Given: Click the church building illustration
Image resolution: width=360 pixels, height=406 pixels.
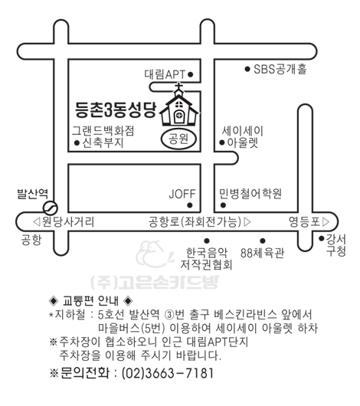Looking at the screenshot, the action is pos(178,106).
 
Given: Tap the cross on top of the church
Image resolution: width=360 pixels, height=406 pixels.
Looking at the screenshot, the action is pos(178,87).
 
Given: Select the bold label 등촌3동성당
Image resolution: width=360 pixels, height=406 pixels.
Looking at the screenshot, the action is pos(116,110).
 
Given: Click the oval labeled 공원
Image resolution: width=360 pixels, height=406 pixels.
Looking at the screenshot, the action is pos(178,139).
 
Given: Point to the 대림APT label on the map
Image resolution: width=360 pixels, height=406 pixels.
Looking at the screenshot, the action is pos(165,74).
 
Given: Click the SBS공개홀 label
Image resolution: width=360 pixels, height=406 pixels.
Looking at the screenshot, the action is pos(280,69).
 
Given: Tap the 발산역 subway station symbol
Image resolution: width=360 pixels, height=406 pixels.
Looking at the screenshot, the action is pos(50,208).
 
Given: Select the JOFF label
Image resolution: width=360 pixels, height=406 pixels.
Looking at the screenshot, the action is pos(182,194).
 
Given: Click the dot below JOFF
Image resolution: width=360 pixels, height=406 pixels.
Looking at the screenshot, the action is pos(190,205).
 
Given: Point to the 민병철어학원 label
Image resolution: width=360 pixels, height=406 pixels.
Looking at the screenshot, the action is pos(250,193).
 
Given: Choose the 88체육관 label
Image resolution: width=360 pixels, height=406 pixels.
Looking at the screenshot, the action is pos(262,253).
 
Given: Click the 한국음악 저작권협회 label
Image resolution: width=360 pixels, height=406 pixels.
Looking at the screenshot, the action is pos(206,259).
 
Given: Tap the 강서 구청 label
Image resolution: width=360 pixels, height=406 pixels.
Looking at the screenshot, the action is pos(336,245).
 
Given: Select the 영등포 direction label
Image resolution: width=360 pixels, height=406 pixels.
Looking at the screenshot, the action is pos(305,222).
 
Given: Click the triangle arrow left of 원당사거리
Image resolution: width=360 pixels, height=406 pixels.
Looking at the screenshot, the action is pos(37,222).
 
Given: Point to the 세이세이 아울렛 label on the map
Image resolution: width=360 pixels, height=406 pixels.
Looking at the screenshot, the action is pos(243,136).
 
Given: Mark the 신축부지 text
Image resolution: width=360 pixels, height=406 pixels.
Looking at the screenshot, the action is pos(103,143).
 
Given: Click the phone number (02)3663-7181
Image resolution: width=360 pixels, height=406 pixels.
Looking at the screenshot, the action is pos(168,373).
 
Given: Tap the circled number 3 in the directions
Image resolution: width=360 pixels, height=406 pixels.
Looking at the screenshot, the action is pos(169,315).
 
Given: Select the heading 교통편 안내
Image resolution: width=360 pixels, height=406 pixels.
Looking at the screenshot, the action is pos(90,300).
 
